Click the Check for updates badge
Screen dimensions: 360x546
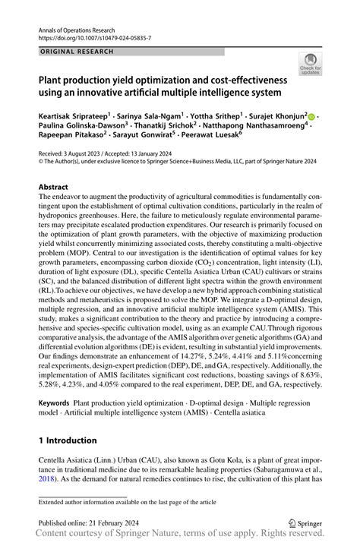click(310, 64)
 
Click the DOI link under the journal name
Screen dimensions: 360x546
click(87, 36)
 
